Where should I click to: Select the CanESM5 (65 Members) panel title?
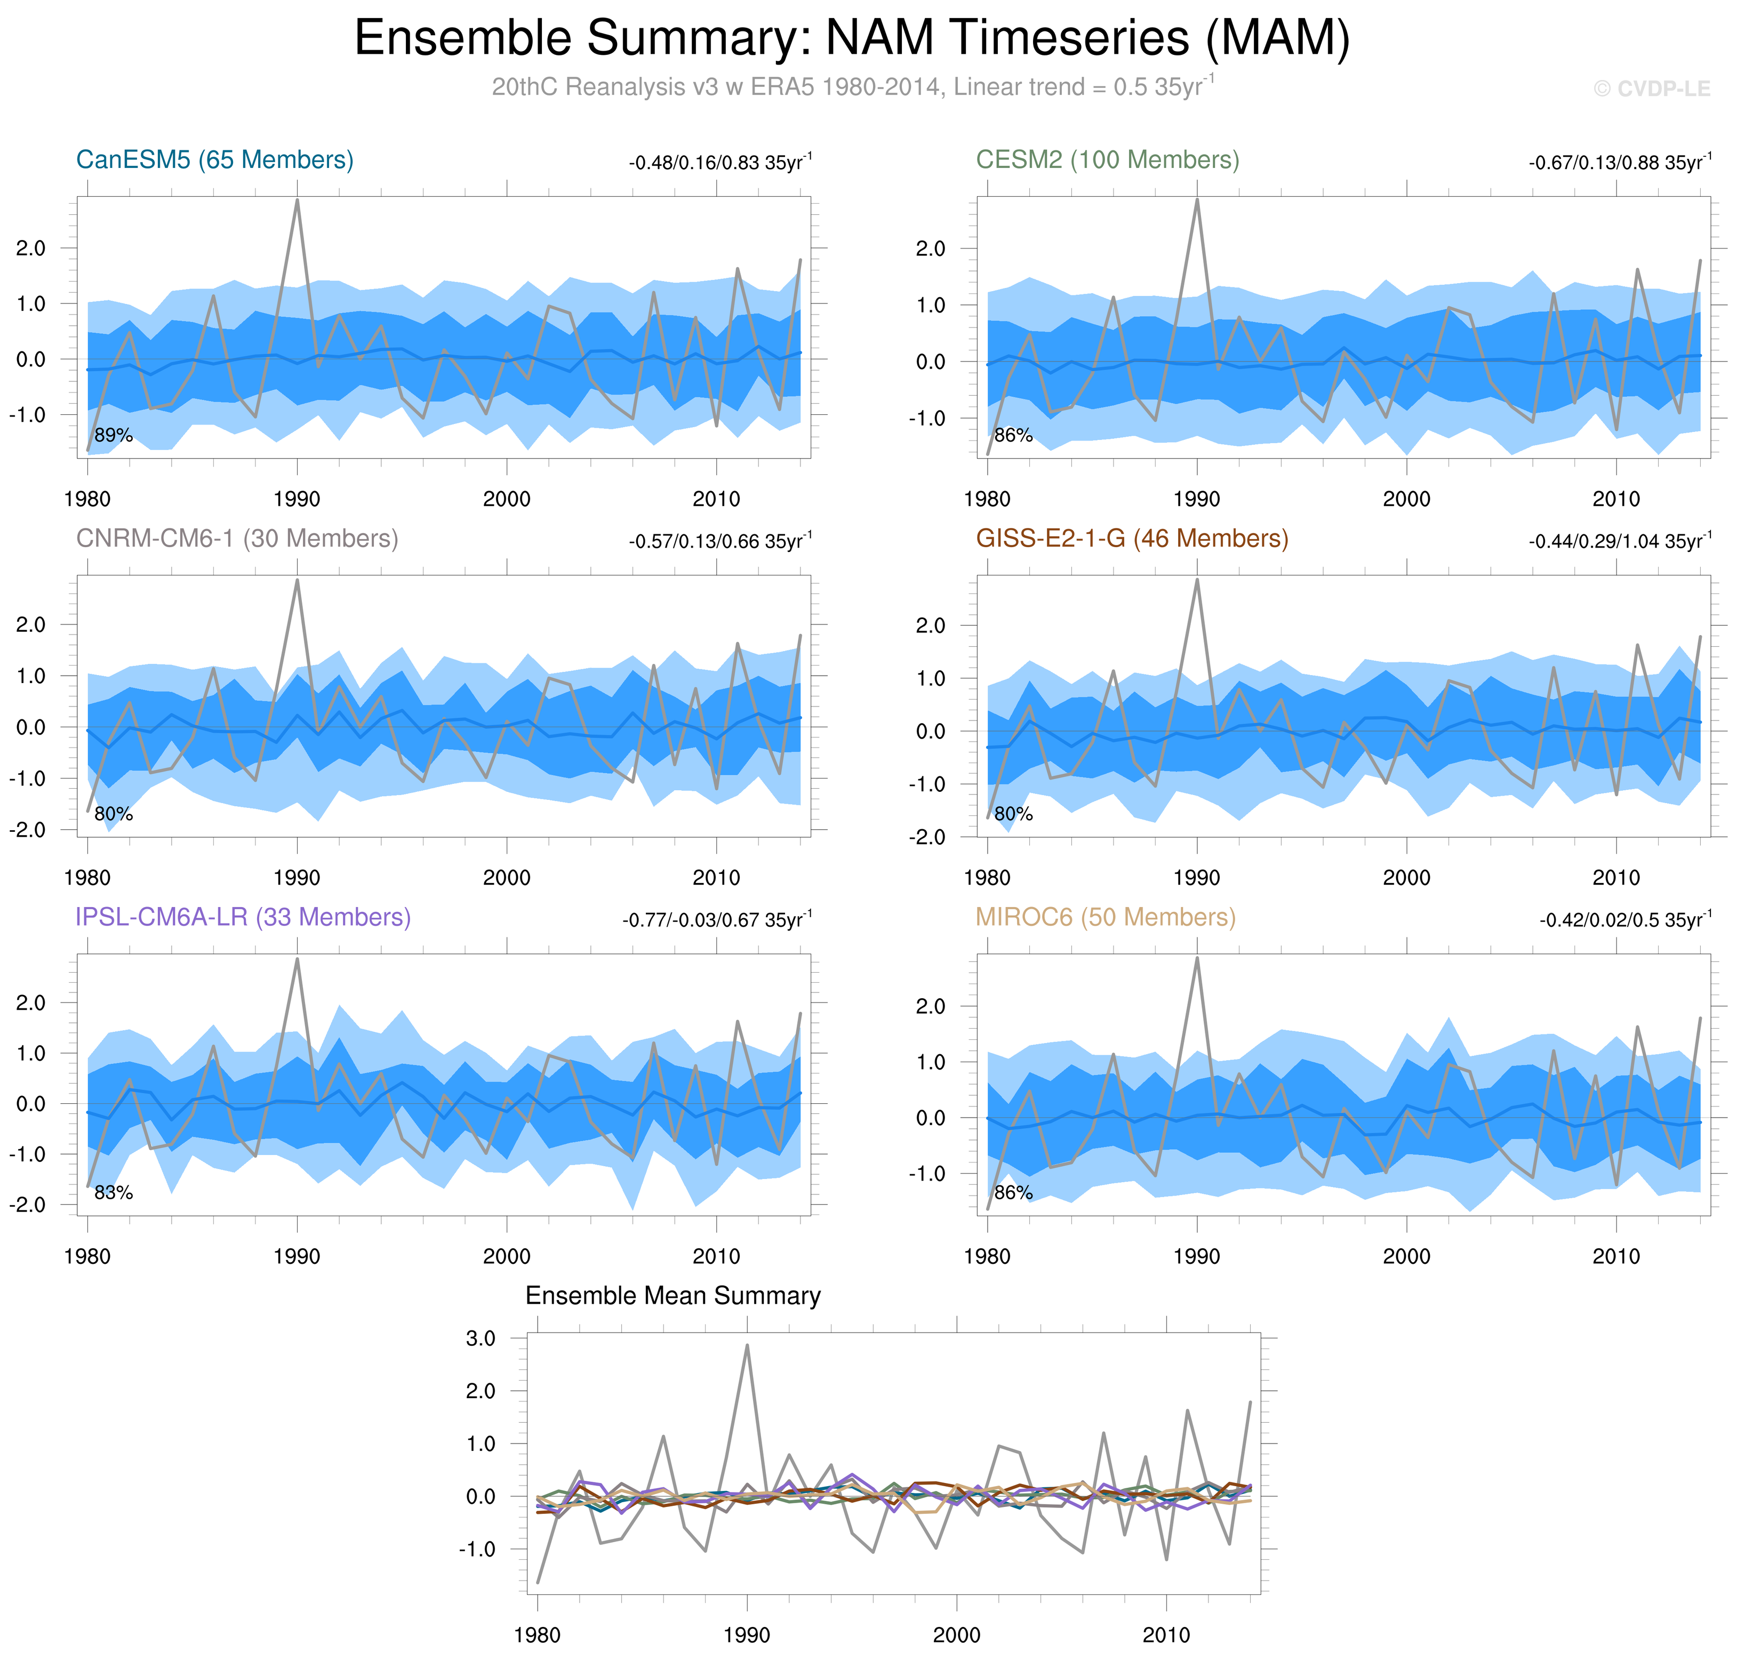tap(215, 160)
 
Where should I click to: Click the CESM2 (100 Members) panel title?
tap(1107, 160)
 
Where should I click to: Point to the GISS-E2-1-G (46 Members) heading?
tap(1132, 539)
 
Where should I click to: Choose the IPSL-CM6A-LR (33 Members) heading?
tap(243, 918)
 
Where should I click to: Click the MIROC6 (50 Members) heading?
tap(1105, 918)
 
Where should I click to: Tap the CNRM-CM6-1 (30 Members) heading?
tap(237, 539)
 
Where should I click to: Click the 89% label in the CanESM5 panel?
tap(113, 435)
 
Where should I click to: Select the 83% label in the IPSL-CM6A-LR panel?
tap(113, 1193)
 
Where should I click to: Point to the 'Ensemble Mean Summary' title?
tap(673, 1296)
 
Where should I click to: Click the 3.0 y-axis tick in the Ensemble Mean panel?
tap(481, 1339)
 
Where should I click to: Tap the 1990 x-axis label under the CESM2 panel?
tap(1196, 499)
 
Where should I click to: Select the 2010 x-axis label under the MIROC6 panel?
tap(1616, 1256)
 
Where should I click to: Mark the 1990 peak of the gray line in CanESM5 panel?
tap(297, 200)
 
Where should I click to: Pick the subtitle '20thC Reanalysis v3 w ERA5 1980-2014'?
tap(717, 87)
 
